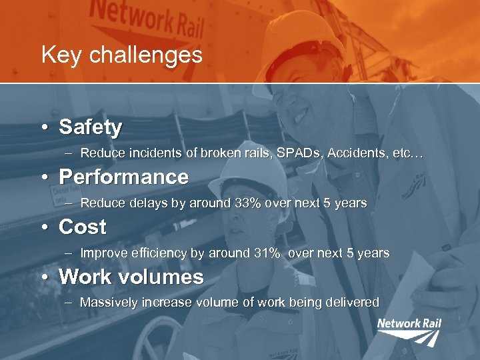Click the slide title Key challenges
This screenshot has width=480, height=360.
click(121, 55)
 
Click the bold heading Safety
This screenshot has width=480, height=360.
click(90, 127)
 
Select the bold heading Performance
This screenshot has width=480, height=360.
click(123, 177)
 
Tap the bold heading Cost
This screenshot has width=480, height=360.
click(82, 227)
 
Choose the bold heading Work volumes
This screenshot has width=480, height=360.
click(131, 277)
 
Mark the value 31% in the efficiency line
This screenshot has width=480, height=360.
click(263, 253)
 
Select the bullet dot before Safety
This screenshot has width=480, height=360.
click(43, 127)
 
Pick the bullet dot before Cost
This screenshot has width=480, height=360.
click(43, 227)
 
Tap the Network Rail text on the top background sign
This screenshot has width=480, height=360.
click(147, 20)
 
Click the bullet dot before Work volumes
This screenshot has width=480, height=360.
click(43, 277)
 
